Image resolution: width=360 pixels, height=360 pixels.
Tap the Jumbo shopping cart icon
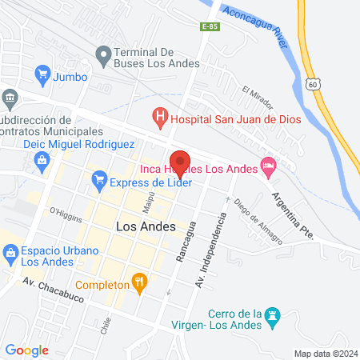tap(42, 77)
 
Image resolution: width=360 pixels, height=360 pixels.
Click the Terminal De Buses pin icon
tap(102, 56)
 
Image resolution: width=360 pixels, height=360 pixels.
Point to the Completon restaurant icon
tap(141, 284)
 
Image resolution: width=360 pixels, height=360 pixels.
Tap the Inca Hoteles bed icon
tap(268, 168)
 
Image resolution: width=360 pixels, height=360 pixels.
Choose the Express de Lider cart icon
tap(99, 182)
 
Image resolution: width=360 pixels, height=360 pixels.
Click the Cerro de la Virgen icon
tap(275, 316)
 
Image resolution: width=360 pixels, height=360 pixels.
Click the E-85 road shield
tap(210, 27)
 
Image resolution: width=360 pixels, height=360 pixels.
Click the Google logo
tap(27, 350)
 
